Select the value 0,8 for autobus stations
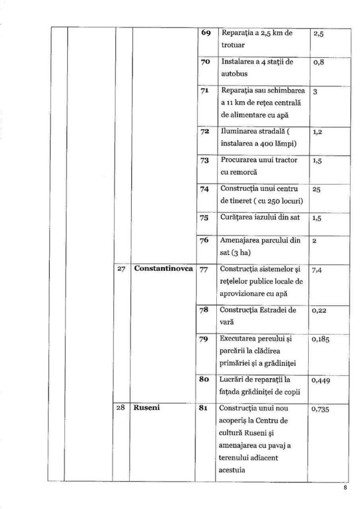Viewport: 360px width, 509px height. click(319, 64)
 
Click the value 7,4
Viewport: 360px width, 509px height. click(318, 271)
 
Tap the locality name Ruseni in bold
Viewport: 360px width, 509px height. click(147, 409)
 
